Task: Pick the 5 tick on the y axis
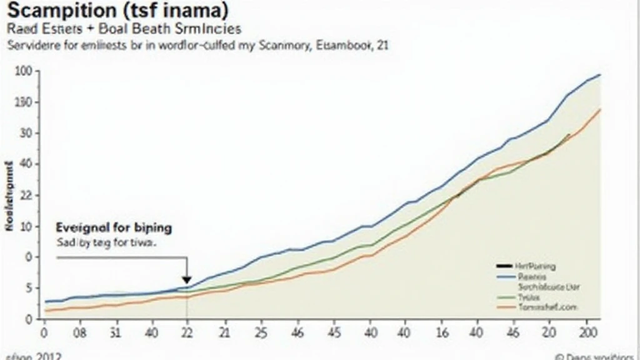[29, 288]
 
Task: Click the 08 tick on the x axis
[79, 332]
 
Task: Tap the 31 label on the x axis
[114, 332]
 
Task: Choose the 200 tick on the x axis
[590, 332]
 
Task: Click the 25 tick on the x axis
[261, 332]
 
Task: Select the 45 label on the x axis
[334, 332]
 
